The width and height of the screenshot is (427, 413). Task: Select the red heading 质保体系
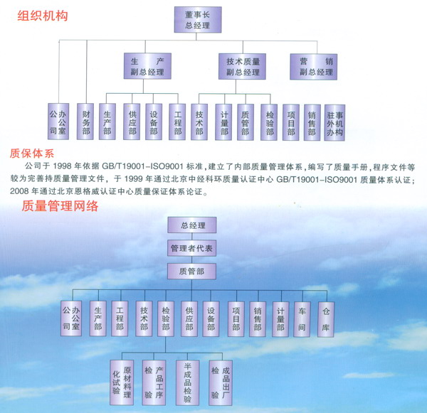click(x=31, y=152)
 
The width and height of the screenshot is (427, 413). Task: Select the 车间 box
click(x=302, y=317)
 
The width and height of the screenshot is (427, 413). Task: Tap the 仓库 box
click(x=326, y=317)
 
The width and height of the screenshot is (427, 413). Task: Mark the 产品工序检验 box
click(x=154, y=380)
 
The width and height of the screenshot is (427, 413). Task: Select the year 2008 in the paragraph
click(x=21, y=191)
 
